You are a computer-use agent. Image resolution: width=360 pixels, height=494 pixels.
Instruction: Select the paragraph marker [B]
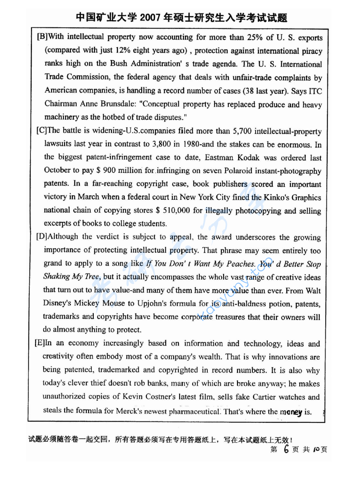point(42,37)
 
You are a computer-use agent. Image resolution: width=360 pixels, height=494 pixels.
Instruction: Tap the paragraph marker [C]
point(42,131)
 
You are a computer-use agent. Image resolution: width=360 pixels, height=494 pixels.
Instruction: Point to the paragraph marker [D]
point(42,237)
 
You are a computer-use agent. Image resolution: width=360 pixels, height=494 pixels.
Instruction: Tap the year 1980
point(193,144)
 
